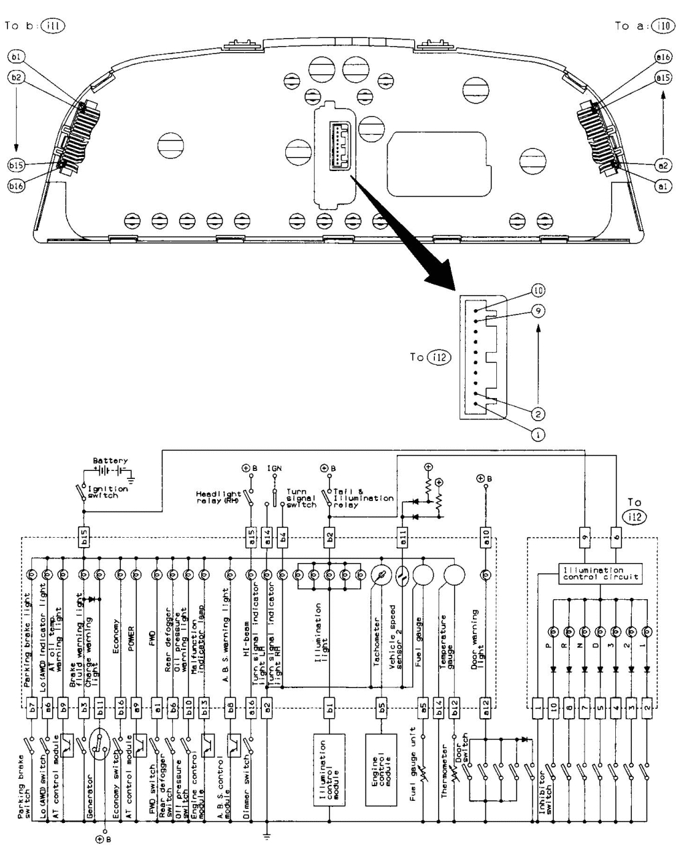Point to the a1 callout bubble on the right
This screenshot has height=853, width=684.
pyautogui.click(x=663, y=188)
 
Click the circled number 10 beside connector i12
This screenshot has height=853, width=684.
pyautogui.click(x=539, y=291)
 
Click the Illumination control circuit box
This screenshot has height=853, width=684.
pyautogui.click(x=592, y=573)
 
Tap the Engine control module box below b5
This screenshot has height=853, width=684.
pyautogui.click(x=382, y=762)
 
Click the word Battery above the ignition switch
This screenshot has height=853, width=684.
pyautogui.click(x=110, y=461)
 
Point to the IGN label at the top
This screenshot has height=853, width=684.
pyautogui.click(x=275, y=469)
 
